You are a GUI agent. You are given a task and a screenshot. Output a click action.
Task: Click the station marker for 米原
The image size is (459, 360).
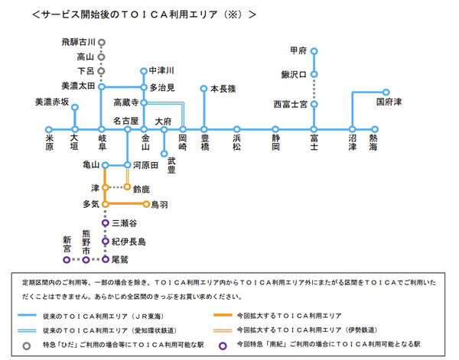point(49,130)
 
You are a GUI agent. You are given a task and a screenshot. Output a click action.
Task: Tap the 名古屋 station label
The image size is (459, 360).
point(125,120)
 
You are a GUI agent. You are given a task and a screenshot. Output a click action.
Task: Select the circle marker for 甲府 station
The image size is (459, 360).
point(314,50)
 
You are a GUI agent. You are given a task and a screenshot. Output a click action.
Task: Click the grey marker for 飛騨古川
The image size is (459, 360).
point(102,42)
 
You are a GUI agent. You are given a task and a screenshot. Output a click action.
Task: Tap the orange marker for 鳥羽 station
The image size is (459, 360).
point(146,204)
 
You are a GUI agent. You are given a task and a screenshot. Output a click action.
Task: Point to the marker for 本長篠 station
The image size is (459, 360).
point(203,88)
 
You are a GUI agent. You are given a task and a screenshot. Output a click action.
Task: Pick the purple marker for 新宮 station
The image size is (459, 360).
point(67,259)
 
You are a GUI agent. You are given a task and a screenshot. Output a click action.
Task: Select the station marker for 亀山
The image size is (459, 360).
point(106,164)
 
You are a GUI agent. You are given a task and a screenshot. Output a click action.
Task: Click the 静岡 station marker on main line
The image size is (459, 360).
point(275,130)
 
